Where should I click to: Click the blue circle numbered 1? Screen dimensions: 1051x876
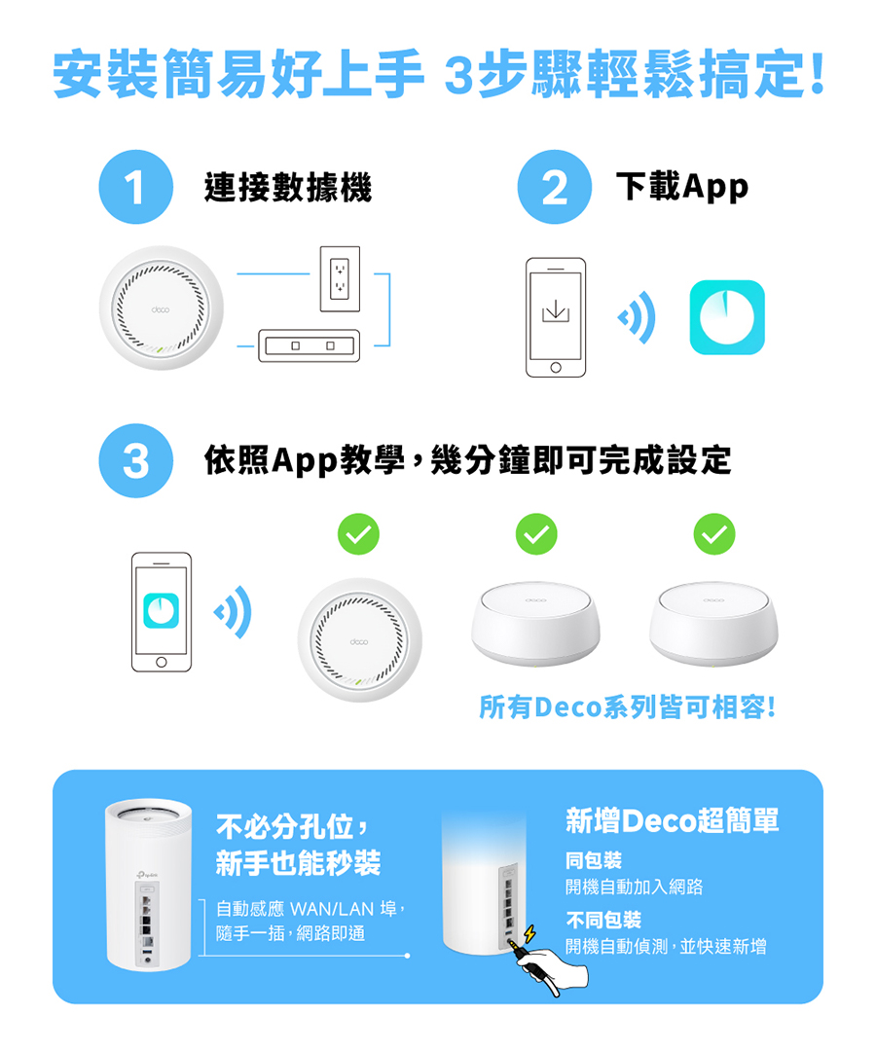click(x=135, y=188)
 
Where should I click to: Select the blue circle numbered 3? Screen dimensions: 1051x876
click(x=135, y=460)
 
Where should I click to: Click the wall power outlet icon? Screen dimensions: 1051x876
click(x=340, y=279)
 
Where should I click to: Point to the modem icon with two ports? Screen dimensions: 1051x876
click(x=308, y=345)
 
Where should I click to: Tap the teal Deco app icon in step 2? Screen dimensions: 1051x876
click(x=726, y=317)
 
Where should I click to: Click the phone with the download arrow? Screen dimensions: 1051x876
click(x=556, y=317)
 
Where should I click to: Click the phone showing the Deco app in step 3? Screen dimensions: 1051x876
click(x=162, y=611)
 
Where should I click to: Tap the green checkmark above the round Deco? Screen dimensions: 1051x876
click(x=357, y=533)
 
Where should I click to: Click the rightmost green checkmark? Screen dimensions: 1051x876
click(x=714, y=533)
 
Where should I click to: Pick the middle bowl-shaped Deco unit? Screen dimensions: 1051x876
click(x=535, y=624)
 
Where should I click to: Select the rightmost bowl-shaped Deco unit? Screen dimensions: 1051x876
click(x=713, y=624)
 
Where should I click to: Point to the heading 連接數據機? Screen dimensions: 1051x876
click(x=288, y=188)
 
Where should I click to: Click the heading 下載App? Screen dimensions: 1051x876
click(x=682, y=187)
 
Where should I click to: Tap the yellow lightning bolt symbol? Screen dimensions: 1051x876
click(x=529, y=935)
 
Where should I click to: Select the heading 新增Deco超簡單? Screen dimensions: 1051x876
click(x=673, y=821)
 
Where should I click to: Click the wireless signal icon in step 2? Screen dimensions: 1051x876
click(x=638, y=317)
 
